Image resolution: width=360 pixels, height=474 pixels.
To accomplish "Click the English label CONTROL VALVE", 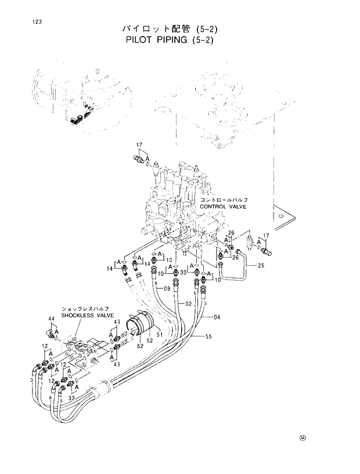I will click(x=223, y=207).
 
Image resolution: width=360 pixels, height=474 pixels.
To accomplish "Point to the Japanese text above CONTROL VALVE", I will click(x=224, y=200).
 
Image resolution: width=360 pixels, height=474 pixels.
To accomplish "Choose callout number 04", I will click(x=217, y=317).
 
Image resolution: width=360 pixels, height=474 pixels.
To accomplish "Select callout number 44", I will click(x=51, y=319).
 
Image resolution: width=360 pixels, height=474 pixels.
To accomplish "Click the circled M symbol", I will click(x=303, y=437).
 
